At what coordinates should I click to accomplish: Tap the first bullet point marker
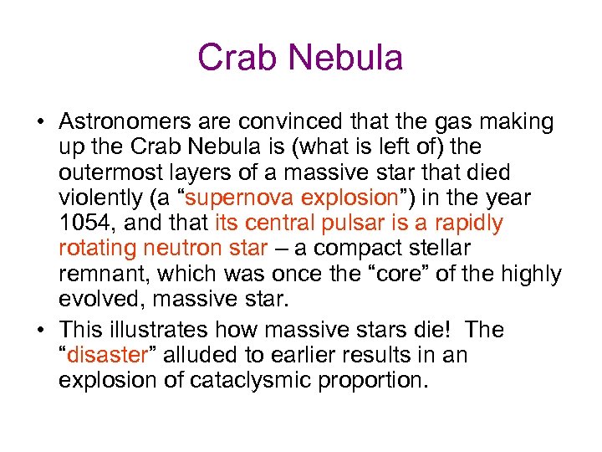(40, 123)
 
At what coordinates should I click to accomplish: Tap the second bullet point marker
(40, 331)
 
